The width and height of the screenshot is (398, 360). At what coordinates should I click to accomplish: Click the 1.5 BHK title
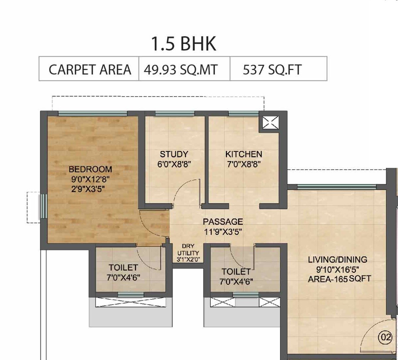click(x=184, y=44)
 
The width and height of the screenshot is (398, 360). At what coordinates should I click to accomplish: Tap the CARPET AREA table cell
click(x=89, y=70)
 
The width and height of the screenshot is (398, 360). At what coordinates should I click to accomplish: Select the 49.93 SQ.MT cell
click(x=181, y=70)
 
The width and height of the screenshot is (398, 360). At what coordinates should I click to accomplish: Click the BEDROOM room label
click(x=90, y=169)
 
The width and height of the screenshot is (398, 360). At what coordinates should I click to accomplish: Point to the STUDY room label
click(x=174, y=154)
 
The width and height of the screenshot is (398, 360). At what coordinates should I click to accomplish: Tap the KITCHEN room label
click(x=244, y=154)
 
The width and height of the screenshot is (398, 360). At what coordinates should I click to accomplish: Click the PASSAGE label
click(x=223, y=222)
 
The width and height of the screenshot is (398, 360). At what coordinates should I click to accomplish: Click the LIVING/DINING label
click(x=337, y=259)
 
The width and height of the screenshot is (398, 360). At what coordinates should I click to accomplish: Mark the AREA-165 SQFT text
click(x=339, y=279)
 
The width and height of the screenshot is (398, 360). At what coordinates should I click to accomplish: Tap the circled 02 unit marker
click(x=385, y=338)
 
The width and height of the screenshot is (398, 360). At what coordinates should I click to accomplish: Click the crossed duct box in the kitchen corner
click(x=270, y=122)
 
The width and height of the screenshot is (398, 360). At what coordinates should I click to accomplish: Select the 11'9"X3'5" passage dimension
click(x=223, y=231)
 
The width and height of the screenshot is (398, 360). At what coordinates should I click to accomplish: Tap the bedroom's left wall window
click(x=43, y=206)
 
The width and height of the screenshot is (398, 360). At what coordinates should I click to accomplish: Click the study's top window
click(x=174, y=113)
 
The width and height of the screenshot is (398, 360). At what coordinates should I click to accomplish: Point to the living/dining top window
click(x=336, y=187)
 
